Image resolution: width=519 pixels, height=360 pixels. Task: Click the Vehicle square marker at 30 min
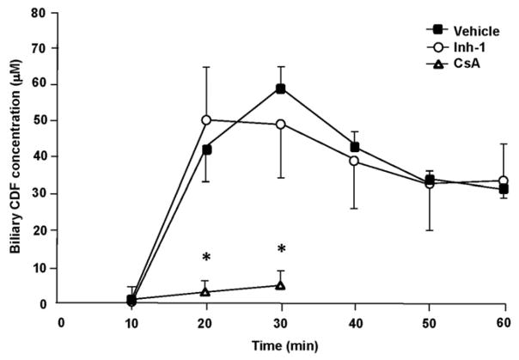coord(280,88)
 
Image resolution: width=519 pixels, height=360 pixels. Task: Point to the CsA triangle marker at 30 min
coord(280,285)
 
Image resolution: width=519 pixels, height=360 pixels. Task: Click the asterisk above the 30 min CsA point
coord(281,249)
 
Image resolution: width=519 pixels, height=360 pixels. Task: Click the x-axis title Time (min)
coord(280,346)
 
